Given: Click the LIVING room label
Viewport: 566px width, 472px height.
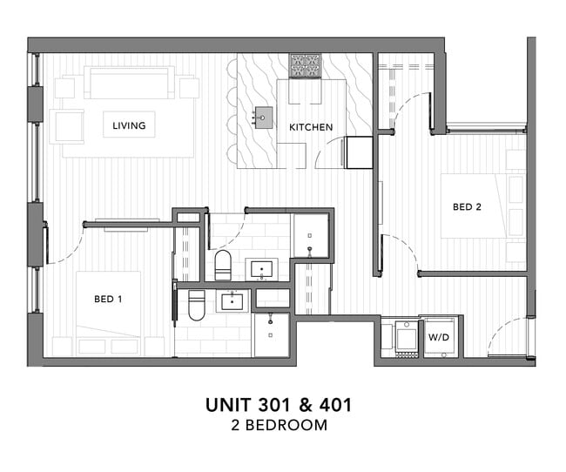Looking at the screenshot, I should [129, 125].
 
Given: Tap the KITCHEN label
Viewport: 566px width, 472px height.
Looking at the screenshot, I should [311, 127].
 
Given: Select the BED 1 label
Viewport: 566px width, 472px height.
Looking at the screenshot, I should [108, 300].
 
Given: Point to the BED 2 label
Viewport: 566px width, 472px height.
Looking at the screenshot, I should [467, 207].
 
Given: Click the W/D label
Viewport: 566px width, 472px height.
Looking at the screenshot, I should [436, 335].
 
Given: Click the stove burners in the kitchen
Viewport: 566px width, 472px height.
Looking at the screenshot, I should [305, 65].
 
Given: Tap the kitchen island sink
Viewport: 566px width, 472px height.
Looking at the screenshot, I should [261, 116].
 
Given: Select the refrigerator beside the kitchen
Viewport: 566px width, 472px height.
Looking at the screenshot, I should [360, 152].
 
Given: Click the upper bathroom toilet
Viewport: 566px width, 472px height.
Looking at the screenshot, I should [223, 265].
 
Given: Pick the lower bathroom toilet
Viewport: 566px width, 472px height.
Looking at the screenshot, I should [197, 304].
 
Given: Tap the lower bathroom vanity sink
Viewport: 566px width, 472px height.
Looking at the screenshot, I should [232, 301].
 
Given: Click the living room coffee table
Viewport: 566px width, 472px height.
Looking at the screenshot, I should [129, 133].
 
